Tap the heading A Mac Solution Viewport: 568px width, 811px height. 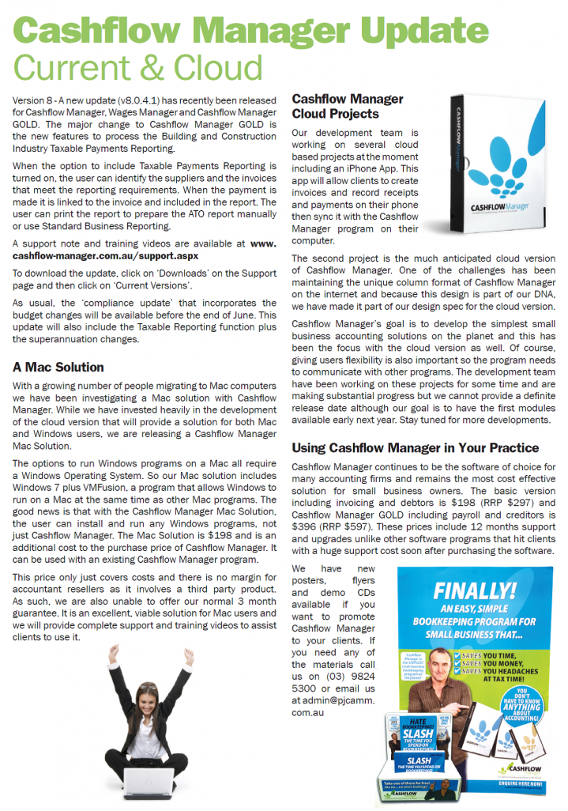pyautogui.click(x=58, y=367)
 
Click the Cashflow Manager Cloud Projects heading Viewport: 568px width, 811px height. pyautogui.click(x=348, y=107)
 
